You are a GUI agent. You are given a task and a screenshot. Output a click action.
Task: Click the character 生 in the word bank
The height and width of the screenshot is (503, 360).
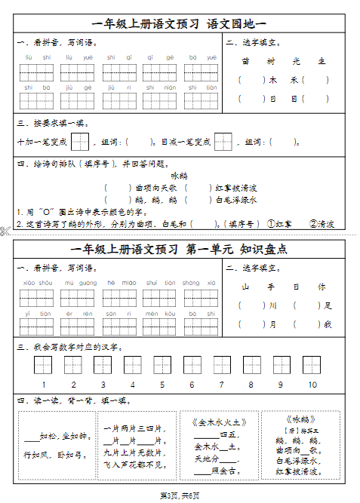click(322, 61)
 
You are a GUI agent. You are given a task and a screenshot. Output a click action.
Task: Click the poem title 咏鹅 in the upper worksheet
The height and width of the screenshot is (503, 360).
click(178, 175)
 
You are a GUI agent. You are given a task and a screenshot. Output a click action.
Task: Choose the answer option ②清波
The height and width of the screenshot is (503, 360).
click(322, 224)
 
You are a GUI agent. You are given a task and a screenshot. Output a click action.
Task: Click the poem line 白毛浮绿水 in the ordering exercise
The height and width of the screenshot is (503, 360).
click(236, 200)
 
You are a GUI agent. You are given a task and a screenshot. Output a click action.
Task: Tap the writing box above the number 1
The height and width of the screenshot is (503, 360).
click(42, 366)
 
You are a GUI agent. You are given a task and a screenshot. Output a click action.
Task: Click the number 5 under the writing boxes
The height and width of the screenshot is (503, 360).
click(162, 385)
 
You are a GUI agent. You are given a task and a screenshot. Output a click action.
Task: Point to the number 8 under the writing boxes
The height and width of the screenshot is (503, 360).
click(251, 385)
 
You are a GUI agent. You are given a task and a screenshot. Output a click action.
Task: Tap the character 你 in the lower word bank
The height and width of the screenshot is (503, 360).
click(322, 287)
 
